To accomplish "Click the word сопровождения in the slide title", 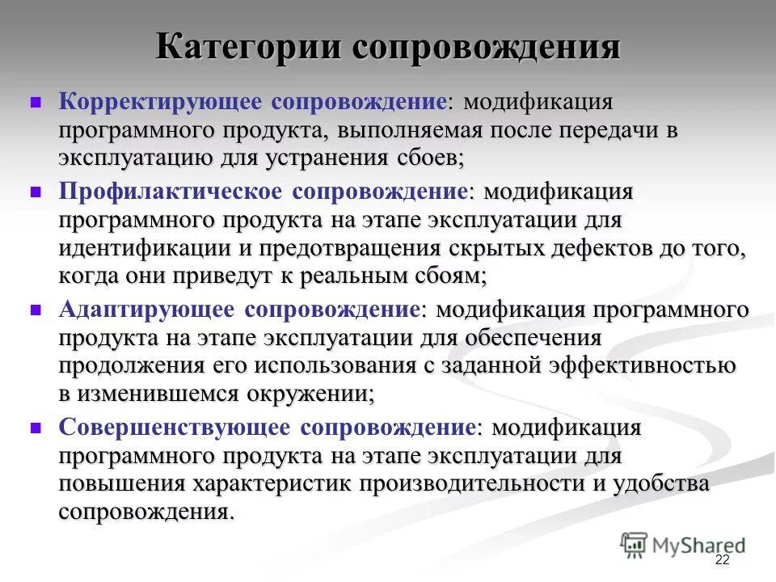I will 486,47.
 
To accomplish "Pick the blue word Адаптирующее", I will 146,309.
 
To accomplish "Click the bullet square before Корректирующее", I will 36,103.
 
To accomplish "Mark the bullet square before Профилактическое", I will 36,192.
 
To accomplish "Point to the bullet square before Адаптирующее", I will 36,310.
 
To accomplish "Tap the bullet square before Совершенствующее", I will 36,428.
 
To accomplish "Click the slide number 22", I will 722,561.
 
